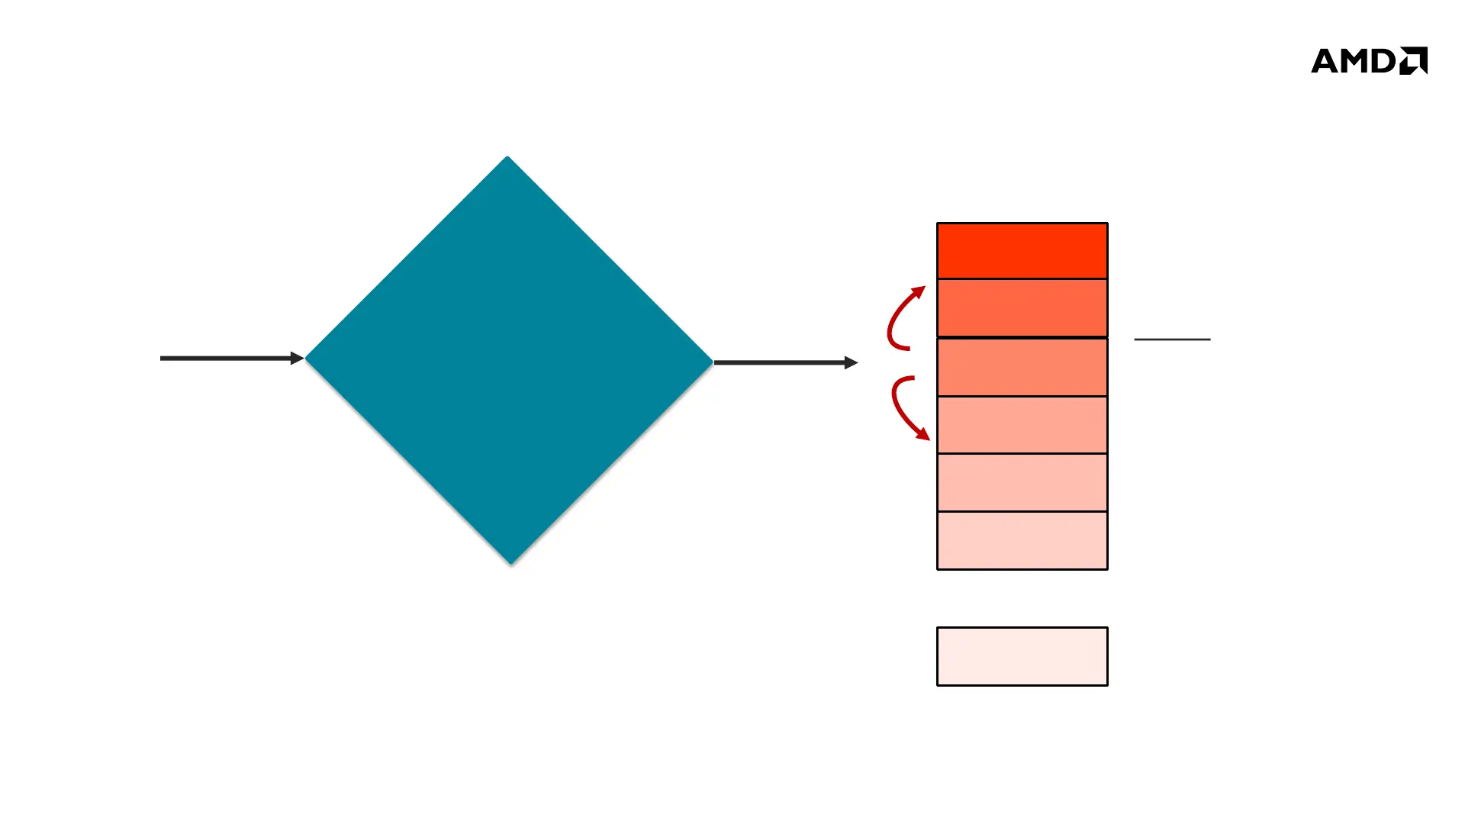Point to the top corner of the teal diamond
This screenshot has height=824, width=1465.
(x=507, y=159)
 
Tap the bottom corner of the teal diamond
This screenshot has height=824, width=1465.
(x=510, y=562)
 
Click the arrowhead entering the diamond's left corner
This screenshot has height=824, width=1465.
(x=297, y=358)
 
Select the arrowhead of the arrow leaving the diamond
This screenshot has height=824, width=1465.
(x=851, y=362)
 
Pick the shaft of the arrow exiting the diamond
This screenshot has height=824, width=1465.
(x=778, y=362)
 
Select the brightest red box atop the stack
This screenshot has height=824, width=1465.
(x=1022, y=251)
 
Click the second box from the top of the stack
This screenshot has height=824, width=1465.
(x=1022, y=307)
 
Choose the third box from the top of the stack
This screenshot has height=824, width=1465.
(x=1022, y=367)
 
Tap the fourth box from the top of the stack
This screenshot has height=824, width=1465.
(x=1022, y=425)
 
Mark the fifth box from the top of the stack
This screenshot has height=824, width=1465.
(x=1022, y=482)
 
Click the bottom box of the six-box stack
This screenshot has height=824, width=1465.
(x=1022, y=540)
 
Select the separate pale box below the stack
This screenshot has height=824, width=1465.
(x=1022, y=656)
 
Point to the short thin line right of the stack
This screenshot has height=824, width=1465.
(x=1172, y=339)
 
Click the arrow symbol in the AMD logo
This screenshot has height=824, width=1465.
(x=1414, y=60)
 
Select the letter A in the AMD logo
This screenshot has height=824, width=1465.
(x=1326, y=61)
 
